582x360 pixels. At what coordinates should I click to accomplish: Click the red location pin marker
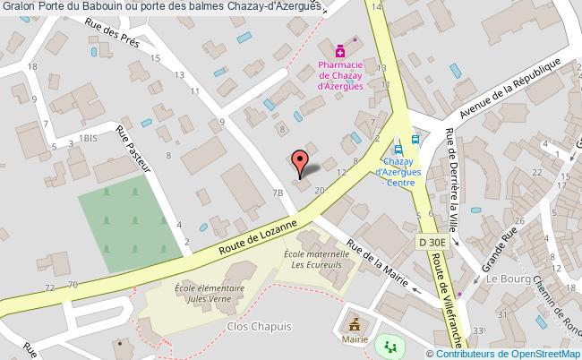tap(302, 161)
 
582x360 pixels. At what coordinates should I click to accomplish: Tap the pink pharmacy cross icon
tap(340, 50)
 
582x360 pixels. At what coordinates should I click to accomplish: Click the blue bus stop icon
tap(415, 139)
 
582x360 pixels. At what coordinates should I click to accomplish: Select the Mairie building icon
tap(354, 323)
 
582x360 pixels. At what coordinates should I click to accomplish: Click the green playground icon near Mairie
tap(388, 344)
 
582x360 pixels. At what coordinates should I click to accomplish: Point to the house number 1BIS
tap(88, 138)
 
